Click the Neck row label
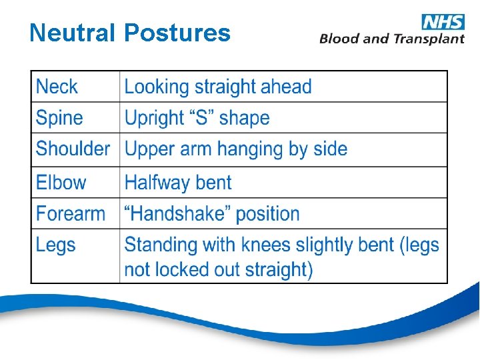pos(57,87)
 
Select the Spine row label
pos(59,118)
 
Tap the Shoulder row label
pos(73,149)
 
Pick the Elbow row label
pos(61,183)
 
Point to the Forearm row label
pos(71,214)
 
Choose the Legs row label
pos(56,245)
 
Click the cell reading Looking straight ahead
pos(218,87)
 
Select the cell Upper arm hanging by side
pos(236,149)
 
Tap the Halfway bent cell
pos(178,183)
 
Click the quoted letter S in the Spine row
pos(199,118)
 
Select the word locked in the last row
pos(183,270)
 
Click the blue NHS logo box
pos(443,21)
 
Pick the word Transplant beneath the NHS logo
pos(428,39)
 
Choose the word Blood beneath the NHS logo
pos(339,39)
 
